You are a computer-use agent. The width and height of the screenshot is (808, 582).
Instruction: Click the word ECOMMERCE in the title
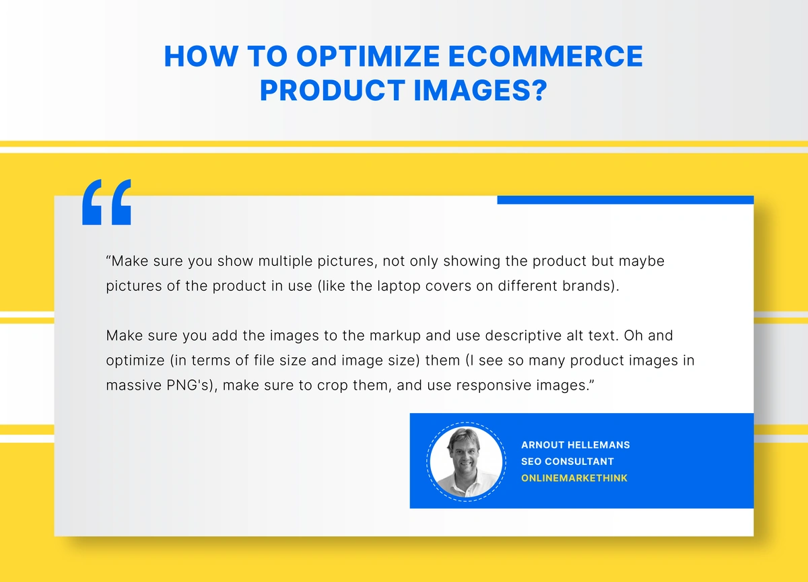pyautogui.click(x=545, y=57)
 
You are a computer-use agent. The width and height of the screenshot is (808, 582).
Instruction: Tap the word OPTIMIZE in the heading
pyautogui.click(x=368, y=57)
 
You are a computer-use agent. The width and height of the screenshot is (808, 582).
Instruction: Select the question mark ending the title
pyautogui.click(x=539, y=89)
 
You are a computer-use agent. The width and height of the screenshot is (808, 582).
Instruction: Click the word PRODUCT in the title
pyautogui.click(x=333, y=89)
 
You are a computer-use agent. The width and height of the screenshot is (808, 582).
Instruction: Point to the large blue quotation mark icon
pyautogui.click(x=106, y=202)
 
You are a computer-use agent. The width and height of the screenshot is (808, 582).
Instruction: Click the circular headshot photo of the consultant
pyautogui.click(x=466, y=462)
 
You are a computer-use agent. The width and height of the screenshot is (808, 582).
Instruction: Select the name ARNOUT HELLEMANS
pyautogui.click(x=575, y=445)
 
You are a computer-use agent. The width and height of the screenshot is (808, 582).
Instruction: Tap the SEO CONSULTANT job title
pyautogui.click(x=568, y=462)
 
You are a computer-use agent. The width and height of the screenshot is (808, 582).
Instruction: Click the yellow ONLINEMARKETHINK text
pyautogui.click(x=574, y=478)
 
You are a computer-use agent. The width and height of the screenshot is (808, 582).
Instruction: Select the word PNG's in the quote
pyautogui.click(x=192, y=386)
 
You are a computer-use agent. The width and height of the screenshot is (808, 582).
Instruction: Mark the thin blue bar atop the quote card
pyautogui.click(x=626, y=200)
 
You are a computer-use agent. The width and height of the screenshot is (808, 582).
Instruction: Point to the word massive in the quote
pyautogui.click(x=133, y=386)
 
